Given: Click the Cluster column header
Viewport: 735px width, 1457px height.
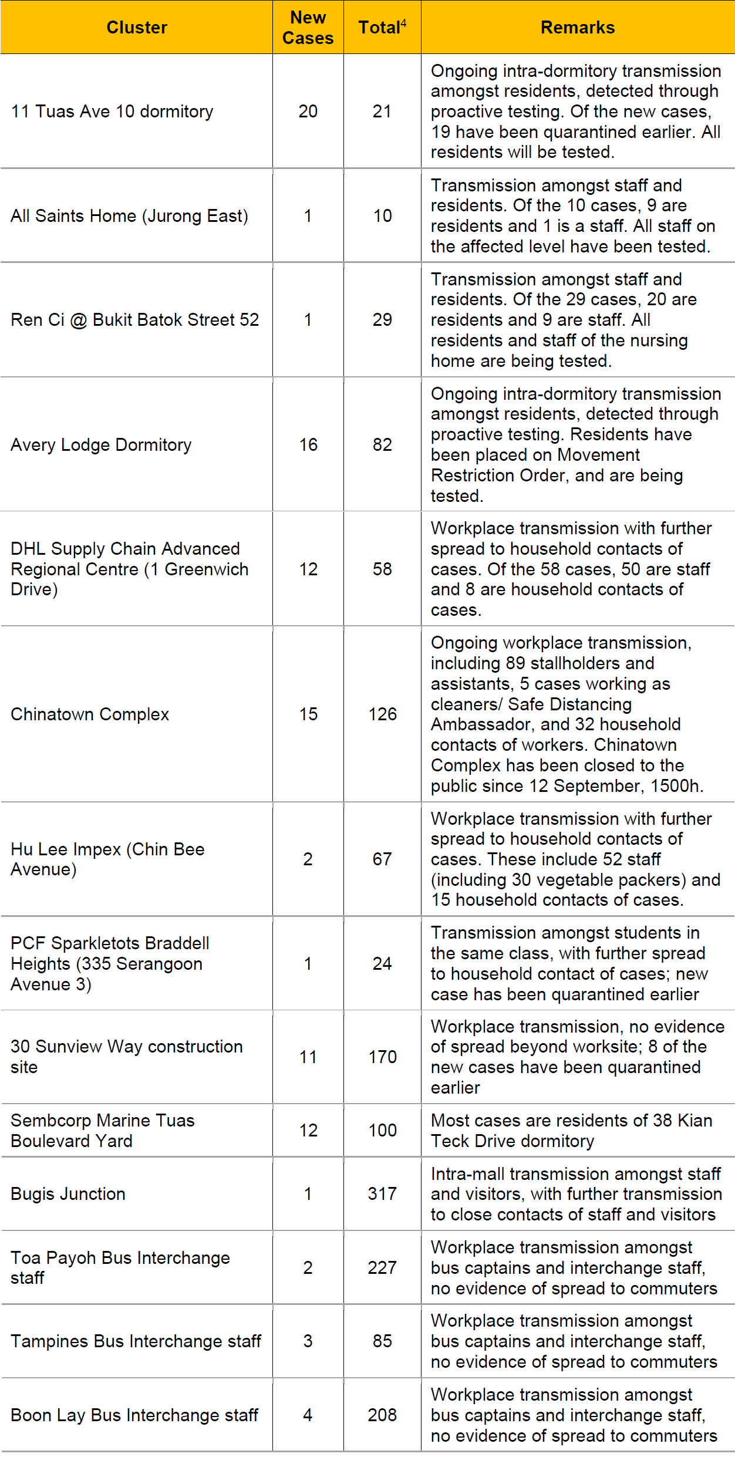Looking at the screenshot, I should tap(137, 28).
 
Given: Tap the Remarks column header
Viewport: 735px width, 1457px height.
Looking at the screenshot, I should tap(578, 28).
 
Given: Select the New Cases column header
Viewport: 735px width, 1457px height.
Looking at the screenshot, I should tap(308, 28).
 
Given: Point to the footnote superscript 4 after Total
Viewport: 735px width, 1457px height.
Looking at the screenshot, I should tap(403, 23).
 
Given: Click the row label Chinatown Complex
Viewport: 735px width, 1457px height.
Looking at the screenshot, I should tap(90, 714).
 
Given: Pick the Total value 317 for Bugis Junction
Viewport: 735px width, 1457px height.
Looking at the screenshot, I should tap(382, 1193).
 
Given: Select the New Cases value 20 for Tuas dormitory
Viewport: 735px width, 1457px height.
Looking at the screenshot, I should tap(308, 111).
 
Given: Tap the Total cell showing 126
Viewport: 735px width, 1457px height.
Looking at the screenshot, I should tap(382, 714).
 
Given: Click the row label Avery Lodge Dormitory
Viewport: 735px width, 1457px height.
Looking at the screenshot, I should tap(101, 444).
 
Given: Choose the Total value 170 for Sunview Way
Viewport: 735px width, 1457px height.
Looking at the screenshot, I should tap(382, 1057).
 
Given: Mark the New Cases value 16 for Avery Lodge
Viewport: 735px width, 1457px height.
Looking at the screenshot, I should tap(308, 444).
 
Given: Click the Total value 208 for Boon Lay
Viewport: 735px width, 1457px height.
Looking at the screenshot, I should tap(382, 1415).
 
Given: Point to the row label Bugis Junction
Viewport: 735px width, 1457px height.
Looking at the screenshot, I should tap(68, 1193).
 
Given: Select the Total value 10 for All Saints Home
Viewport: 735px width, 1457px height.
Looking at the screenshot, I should tap(382, 215).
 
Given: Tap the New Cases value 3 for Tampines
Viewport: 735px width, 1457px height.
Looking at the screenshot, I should tap(308, 1341).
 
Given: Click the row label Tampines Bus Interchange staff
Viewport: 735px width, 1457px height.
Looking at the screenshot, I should tap(136, 1341).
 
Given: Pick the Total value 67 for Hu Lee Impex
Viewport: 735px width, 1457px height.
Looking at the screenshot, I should tap(382, 859).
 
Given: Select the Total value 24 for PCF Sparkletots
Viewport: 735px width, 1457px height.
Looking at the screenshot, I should tap(382, 963).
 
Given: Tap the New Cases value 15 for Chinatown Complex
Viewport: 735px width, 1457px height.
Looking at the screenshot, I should tap(308, 714).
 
